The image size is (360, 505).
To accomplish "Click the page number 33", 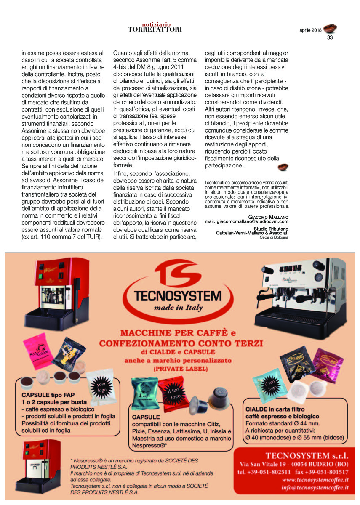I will (330, 37).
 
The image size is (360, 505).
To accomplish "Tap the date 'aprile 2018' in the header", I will (310, 30).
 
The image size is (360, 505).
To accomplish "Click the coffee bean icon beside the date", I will (330, 29).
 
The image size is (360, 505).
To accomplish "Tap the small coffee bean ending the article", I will (283, 167).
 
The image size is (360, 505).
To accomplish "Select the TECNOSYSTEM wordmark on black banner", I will (177, 295).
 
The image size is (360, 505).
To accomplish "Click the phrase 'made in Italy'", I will (178, 308).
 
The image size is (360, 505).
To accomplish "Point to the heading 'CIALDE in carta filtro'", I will (275, 409).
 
